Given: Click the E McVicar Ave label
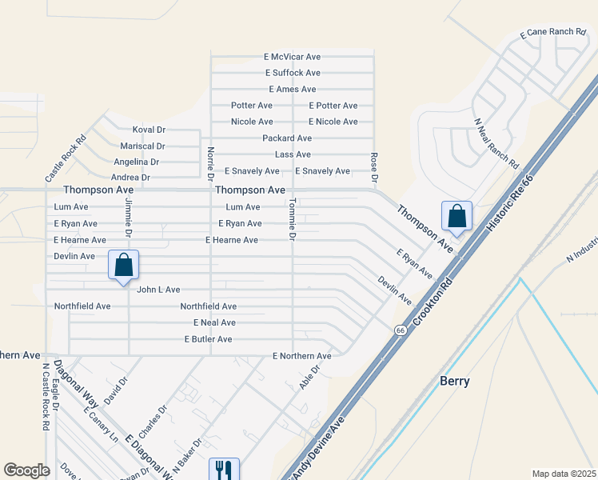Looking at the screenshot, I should [292, 57].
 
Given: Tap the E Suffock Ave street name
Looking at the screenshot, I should [293, 73].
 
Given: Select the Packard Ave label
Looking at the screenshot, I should [287, 138].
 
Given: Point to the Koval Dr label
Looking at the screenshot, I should [149, 130].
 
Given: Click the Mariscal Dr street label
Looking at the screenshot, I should [142, 146].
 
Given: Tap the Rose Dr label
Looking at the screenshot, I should [373, 166].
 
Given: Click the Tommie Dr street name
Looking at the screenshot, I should [293, 220].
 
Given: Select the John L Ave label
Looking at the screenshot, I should [158, 290].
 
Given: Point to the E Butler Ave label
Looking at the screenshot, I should [208, 339].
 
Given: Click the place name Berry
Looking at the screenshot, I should [455, 381].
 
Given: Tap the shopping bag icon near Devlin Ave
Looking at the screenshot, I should [124, 265].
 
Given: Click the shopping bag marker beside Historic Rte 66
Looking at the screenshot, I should [456, 215].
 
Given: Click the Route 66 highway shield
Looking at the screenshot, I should [399, 330].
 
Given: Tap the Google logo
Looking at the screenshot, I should [26, 470].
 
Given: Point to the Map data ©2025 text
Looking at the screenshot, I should [563, 474].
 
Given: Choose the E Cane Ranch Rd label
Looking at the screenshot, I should [553, 32].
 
